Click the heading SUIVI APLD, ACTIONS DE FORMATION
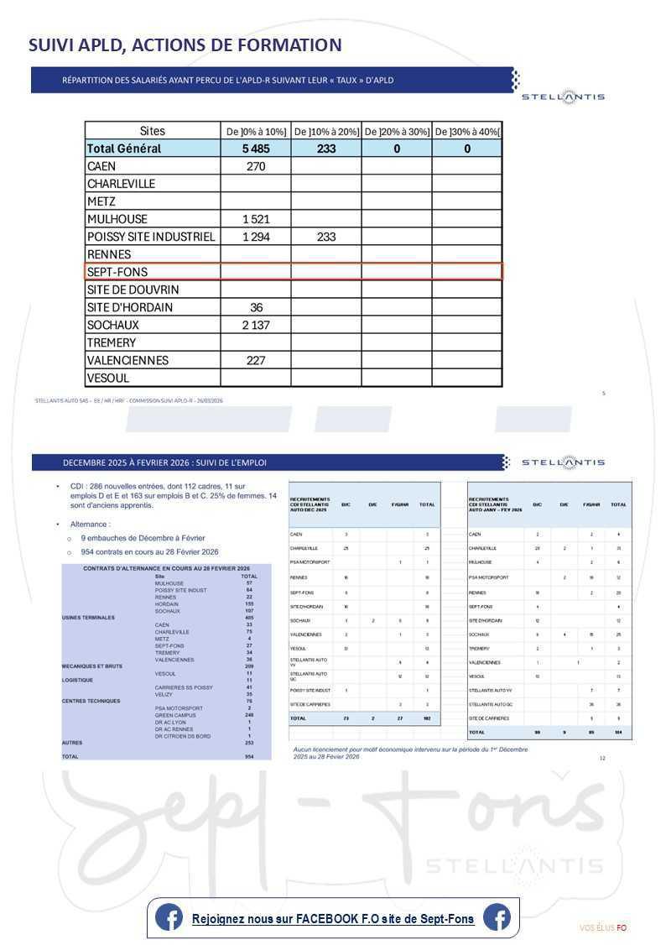(x=185, y=45)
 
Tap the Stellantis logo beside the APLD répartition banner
(x=563, y=97)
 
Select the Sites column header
(x=152, y=131)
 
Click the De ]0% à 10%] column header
(x=256, y=132)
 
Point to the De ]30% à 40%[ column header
(x=467, y=132)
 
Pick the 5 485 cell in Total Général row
(x=256, y=149)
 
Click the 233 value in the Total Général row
(x=326, y=149)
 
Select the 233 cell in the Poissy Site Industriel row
(x=326, y=237)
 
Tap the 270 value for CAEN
(x=256, y=166)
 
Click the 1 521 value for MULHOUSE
(x=256, y=219)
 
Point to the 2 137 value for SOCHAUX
(x=256, y=325)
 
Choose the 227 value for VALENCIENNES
(x=256, y=360)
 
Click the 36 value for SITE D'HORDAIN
(x=256, y=307)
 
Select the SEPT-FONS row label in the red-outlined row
(x=117, y=272)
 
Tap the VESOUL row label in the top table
(x=108, y=378)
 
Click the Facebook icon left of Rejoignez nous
(x=169, y=918)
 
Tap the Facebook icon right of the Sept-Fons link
(x=497, y=918)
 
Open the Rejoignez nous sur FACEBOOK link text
(x=332, y=919)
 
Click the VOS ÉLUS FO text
(x=602, y=927)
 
